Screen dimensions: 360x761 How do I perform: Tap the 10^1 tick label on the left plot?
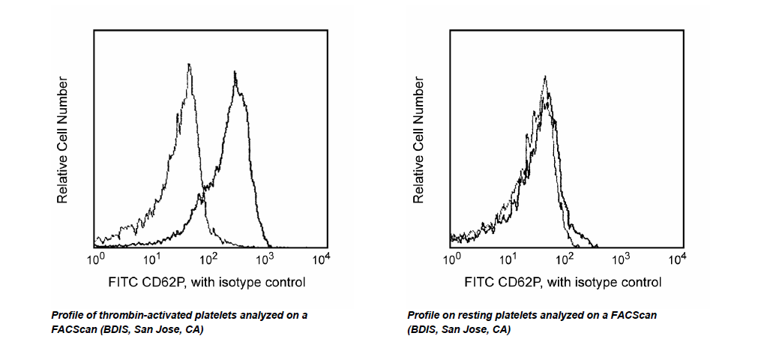152,259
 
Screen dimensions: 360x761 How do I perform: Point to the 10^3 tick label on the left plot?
265,259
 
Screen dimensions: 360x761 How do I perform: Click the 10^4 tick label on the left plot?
322,259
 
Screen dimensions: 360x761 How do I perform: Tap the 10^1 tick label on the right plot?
508,259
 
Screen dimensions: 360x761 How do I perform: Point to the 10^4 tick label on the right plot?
678,259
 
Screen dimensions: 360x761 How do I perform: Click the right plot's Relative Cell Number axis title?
419,139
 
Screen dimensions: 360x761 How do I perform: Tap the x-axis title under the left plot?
207,283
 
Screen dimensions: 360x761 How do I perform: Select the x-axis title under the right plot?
563,283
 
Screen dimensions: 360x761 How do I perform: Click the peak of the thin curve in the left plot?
189,64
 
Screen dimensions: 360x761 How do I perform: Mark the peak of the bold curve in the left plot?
235,73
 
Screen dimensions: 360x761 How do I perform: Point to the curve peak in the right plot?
545,76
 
